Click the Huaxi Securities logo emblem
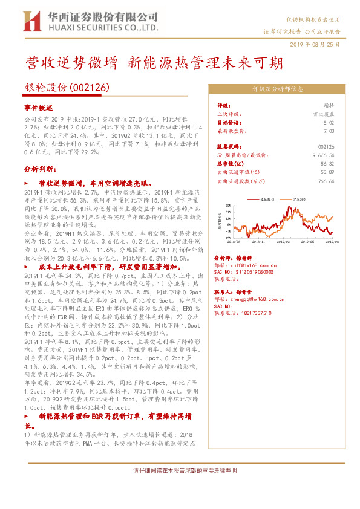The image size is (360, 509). (x=31, y=20)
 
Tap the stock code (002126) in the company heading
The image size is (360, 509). (x=90, y=88)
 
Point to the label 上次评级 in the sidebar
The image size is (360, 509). (x=229, y=113)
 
